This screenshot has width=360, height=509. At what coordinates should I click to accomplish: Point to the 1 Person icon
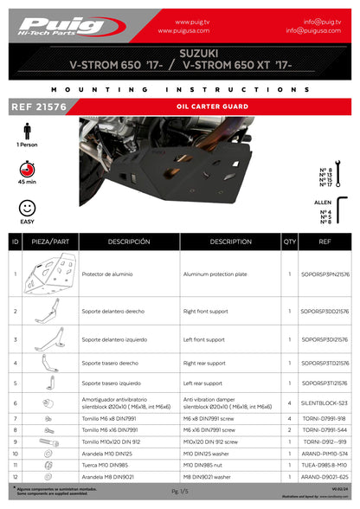(x=28, y=130)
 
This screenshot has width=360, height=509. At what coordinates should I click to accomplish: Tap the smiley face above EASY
(x=28, y=208)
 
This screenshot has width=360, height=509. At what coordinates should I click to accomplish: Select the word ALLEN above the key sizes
(x=323, y=201)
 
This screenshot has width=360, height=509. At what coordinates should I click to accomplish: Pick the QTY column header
(x=289, y=242)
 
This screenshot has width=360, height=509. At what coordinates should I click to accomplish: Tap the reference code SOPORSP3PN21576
(x=324, y=274)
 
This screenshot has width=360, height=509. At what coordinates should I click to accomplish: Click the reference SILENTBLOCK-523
(x=324, y=403)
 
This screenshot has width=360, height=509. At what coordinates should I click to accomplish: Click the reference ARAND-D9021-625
(x=324, y=476)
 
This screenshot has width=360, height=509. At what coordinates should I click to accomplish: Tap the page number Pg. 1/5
(x=179, y=491)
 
